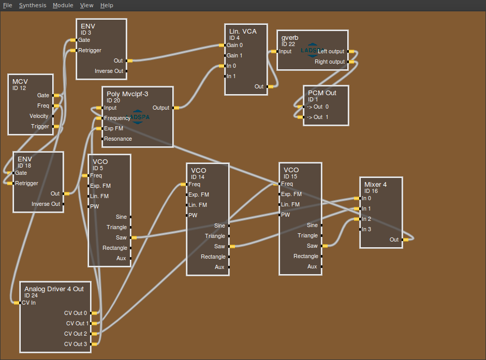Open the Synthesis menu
[33, 5]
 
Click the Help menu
[107, 5]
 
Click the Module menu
[63, 5]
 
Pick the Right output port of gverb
[350, 62]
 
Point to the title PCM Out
[322, 93]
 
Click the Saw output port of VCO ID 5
[132, 237]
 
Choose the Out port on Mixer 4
[405, 239]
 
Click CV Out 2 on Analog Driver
[95, 334]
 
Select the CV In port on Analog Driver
[17, 303]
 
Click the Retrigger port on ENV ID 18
[10, 183]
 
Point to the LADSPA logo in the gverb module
[312, 50]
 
